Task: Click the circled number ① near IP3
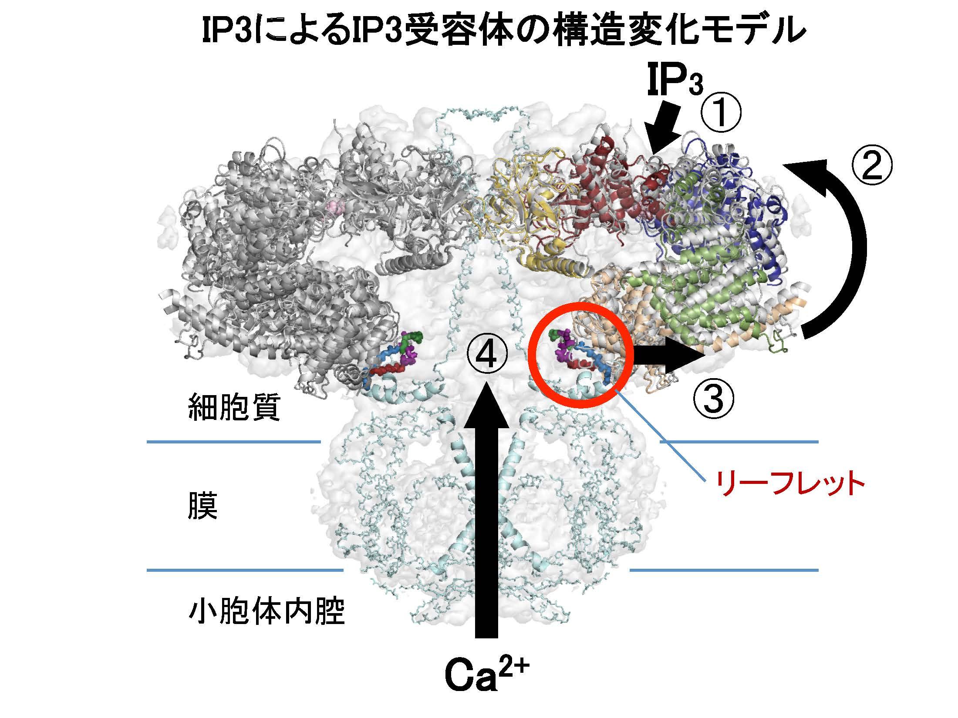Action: (720, 112)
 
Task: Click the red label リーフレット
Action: (790, 484)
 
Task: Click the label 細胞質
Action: (234, 408)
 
